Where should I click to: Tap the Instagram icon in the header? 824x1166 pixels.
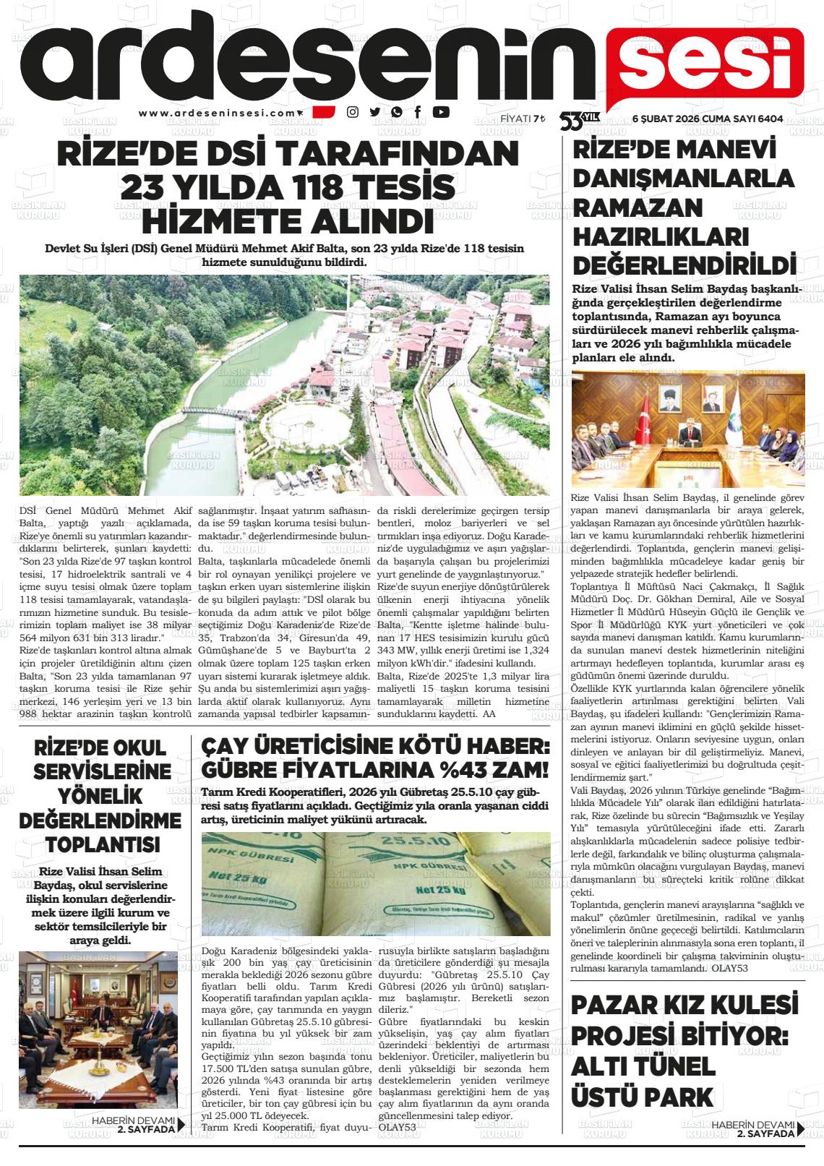click(x=353, y=112)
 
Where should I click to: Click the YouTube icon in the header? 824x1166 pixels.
click(x=441, y=112)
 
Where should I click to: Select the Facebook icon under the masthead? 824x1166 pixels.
click(x=418, y=112)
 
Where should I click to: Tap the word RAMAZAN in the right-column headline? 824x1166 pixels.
click(x=627, y=207)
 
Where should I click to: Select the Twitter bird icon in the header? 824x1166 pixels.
click(x=374, y=112)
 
